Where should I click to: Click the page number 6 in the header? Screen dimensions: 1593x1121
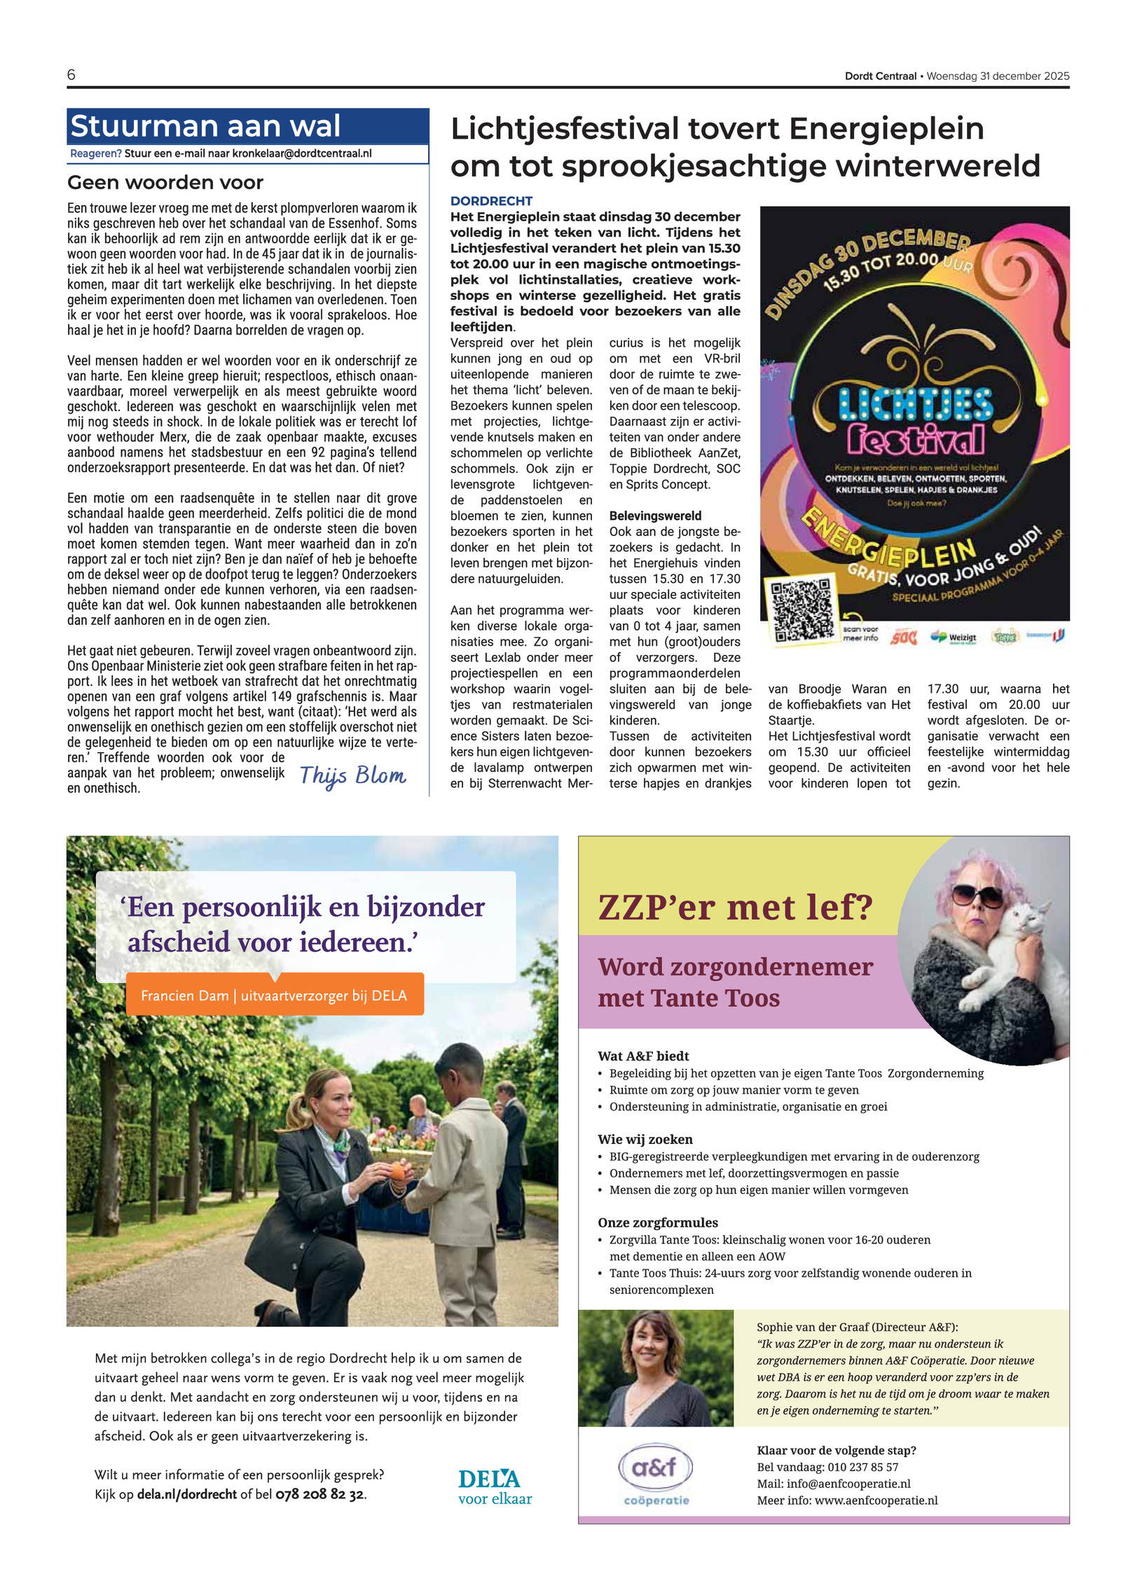(71, 75)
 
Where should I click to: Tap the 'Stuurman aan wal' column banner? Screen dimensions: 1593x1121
(205, 127)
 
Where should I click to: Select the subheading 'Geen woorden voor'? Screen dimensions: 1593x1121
(165, 183)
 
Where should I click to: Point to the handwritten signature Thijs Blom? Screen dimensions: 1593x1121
(352, 775)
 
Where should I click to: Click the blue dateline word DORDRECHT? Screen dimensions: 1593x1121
(491, 201)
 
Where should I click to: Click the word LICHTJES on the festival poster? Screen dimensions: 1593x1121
(916, 406)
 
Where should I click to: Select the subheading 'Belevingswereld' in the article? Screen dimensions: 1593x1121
(655, 516)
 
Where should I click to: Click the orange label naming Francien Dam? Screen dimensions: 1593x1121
(274, 995)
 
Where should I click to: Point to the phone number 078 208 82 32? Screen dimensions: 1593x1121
(319, 1494)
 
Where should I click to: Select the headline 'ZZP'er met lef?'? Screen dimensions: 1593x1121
(735, 907)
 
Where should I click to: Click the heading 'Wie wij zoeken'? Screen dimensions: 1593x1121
(645, 1139)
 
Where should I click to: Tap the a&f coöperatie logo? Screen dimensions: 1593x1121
(656, 1474)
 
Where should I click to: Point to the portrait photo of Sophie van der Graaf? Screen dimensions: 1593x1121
(655, 1367)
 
